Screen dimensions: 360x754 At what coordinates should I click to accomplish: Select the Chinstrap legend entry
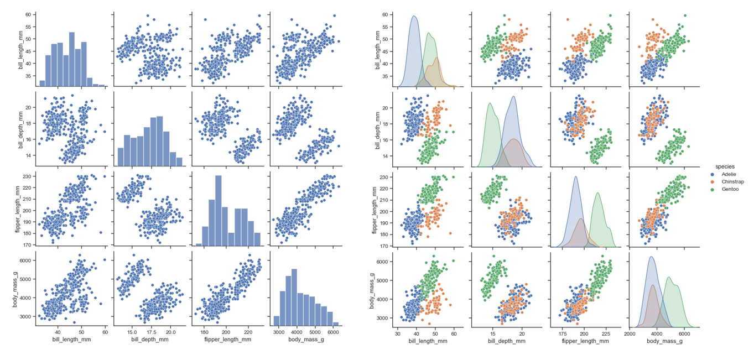[732, 181]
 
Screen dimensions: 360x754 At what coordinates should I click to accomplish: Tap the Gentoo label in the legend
[730, 189]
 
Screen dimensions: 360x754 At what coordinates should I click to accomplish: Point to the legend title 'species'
[724, 166]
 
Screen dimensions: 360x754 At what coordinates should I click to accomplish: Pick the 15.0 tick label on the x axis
[132, 333]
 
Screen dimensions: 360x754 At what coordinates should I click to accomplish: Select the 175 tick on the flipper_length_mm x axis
[563, 333]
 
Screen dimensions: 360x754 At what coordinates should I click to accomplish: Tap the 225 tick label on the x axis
[607, 333]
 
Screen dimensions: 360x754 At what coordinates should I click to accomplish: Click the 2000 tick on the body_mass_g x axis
[630, 333]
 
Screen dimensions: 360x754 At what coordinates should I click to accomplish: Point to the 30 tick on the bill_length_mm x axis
[397, 333]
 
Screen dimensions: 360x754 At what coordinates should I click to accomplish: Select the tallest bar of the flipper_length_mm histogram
[218, 211]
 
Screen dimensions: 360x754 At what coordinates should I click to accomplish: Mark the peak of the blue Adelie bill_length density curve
[414, 16]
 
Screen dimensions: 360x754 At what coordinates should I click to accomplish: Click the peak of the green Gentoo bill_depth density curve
[490, 103]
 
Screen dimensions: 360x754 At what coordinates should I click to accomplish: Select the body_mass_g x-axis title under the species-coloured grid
[664, 341]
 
